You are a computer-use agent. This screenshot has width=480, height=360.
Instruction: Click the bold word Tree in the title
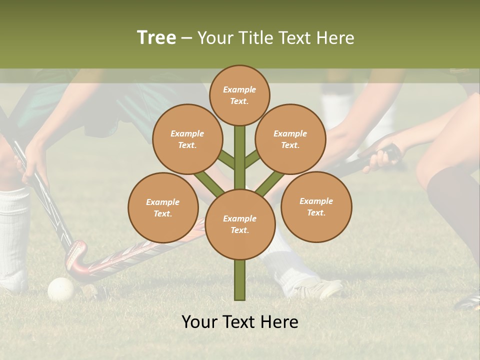[156, 38]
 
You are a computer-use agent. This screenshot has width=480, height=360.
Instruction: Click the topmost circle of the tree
[239, 95]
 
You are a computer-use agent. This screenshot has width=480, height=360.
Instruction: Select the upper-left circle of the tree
[187, 139]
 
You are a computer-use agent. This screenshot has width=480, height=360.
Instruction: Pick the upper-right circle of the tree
[290, 139]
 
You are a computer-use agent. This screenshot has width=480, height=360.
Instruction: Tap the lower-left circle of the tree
[163, 207]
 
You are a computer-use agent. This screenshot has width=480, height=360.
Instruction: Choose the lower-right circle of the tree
[316, 206]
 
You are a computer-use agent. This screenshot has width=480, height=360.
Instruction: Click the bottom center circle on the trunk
[239, 224]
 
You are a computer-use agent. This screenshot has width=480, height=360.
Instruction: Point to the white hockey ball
[61, 289]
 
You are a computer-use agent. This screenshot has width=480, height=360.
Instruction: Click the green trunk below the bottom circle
[239, 280]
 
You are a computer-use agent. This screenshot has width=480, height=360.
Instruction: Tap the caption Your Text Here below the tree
[239, 322]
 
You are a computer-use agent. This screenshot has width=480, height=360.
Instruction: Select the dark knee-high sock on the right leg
[452, 200]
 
